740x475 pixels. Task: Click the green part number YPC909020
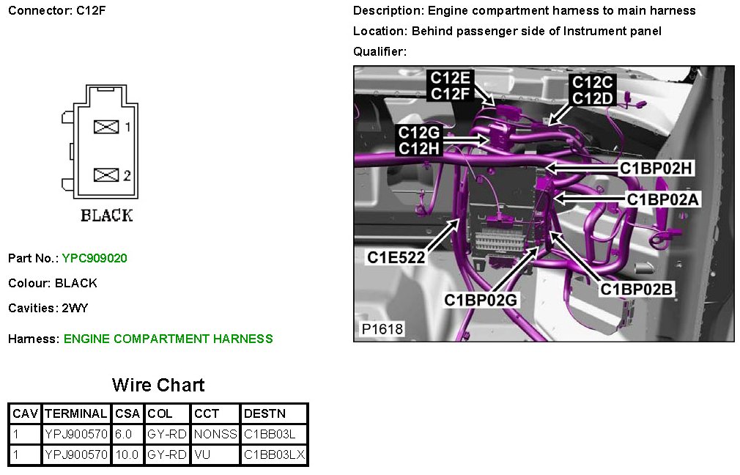pos(95,258)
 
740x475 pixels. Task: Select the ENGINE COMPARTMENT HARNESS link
pos(168,339)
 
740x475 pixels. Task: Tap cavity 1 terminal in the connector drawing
pos(107,128)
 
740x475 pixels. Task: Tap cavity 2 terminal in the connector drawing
pos(107,175)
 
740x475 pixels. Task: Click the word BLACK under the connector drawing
pos(107,216)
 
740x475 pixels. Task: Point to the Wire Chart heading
pos(158,385)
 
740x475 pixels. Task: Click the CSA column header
pos(127,413)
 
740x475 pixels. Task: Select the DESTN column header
pos(264,413)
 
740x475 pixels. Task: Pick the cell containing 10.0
pos(127,454)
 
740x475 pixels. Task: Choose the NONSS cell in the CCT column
pos(215,434)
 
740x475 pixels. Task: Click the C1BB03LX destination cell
pos(273,454)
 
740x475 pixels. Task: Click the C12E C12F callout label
pos(450,86)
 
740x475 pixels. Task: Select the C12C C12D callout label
pos(592,89)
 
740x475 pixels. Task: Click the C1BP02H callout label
pos(656,168)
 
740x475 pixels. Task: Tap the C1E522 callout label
pos(396,257)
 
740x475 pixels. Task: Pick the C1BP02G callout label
pos(481,300)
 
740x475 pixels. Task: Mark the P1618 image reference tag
pos(382,329)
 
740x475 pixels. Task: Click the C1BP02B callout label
pos(636,289)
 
